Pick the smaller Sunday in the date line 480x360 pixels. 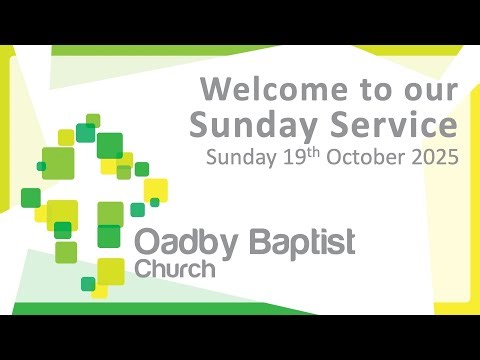pos(237,158)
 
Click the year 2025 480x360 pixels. pos(437,158)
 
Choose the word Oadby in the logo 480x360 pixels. pos(183,243)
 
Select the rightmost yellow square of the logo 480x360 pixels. pos(155,190)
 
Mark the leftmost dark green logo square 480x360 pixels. pos(31,196)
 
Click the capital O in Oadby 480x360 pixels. pos(147,243)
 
